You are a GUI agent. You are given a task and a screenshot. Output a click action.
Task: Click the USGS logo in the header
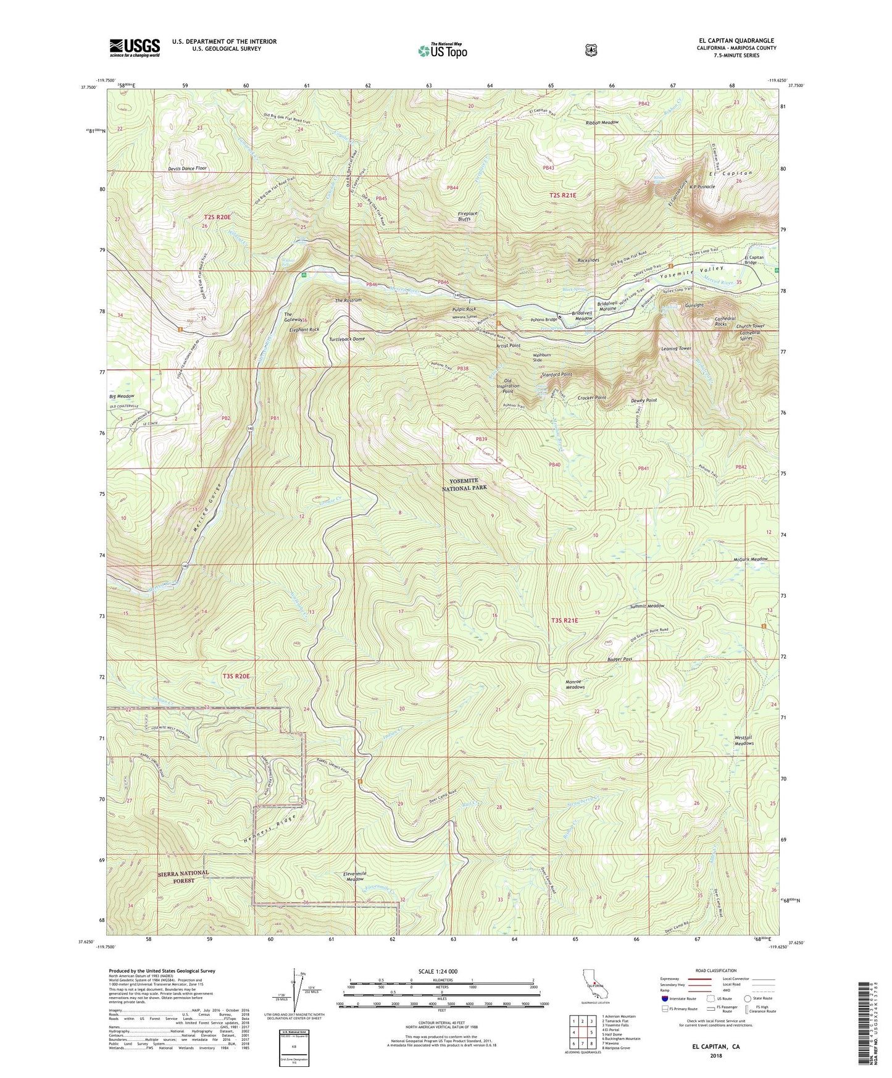tap(135, 48)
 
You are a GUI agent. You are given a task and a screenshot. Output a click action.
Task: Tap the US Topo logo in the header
tap(441, 51)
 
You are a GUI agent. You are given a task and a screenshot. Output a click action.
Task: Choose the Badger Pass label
tap(619, 659)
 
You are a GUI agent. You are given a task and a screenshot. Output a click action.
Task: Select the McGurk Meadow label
tap(746, 559)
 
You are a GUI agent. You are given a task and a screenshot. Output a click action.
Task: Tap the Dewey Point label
tap(643, 400)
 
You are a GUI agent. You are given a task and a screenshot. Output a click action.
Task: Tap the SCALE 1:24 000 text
tap(438, 971)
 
